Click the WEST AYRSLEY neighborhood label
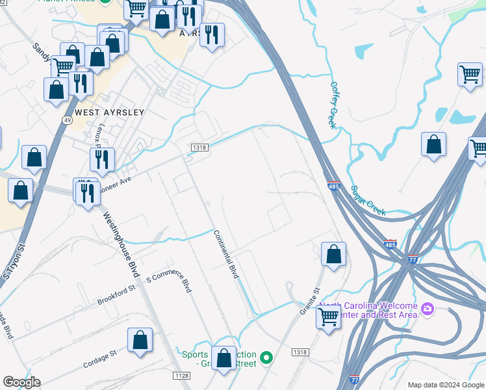109,112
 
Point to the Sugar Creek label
368,200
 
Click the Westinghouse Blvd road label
122,240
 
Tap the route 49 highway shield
68,120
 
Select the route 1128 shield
182,376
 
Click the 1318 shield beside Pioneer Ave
199,148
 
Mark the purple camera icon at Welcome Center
428,308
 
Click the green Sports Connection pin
266,357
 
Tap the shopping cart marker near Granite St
329,318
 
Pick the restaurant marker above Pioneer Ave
102,159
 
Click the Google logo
21,382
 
